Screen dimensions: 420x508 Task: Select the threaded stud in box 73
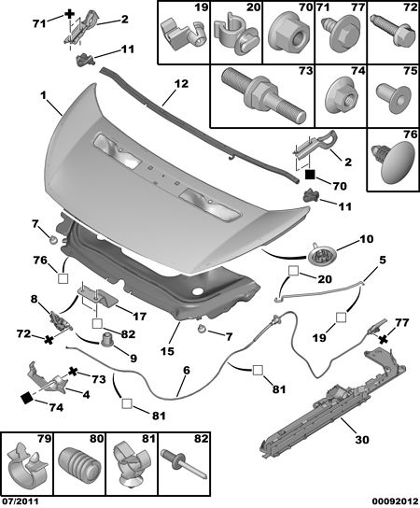click(x=263, y=94)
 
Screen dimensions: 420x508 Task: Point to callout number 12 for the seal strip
click(x=181, y=84)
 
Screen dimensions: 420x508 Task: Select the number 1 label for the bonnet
click(x=43, y=95)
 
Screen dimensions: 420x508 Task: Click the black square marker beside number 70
click(x=310, y=175)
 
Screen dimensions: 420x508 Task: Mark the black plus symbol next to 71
click(x=69, y=14)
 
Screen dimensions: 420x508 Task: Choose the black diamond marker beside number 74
click(x=27, y=398)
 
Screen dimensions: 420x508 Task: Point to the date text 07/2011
click(x=20, y=501)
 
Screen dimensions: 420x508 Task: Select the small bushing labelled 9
click(x=106, y=339)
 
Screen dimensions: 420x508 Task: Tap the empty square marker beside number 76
click(x=63, y=278)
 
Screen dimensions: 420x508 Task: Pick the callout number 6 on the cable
click(x=187, y=371)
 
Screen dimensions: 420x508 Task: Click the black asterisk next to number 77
click(x=384, y=339)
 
